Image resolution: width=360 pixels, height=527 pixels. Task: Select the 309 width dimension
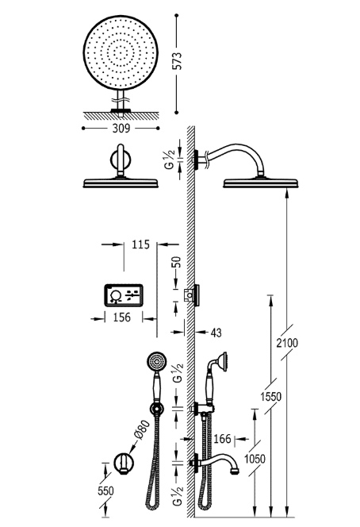click(x=121, y=127)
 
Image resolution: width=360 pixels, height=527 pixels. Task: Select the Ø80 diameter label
click(x=140, y=429)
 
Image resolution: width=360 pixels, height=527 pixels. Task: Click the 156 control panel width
click(x=122, y=316)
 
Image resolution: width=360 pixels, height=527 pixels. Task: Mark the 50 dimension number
click(x=178, y=261)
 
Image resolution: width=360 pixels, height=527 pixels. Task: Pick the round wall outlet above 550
click(x=121, y=463)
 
